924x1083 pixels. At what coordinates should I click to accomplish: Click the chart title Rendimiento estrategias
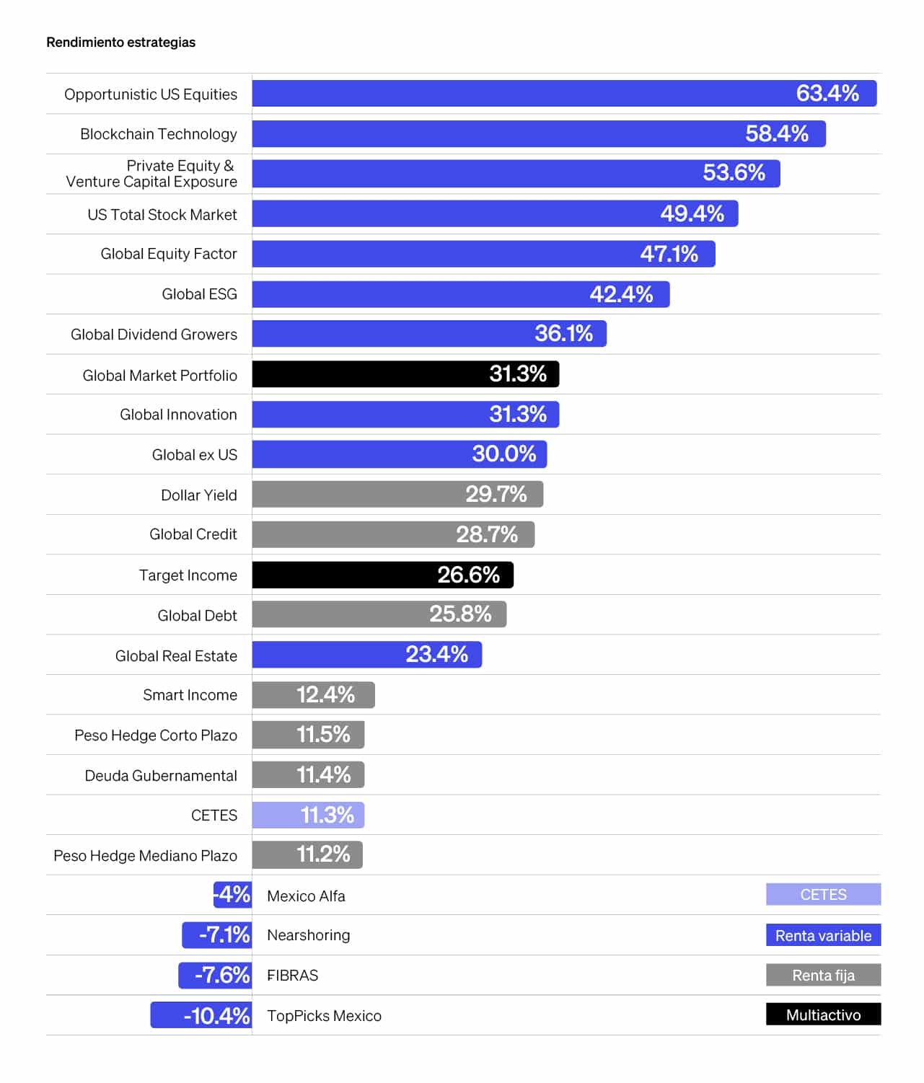pyautogui.click(x=120, y=43)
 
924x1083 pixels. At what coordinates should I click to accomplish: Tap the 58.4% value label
pyautogui.click(x=776, y=134)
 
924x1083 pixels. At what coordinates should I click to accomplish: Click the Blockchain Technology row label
pyautogui.click(x=159, y=134)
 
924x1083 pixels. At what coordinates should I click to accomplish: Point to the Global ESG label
pyautogui.click(x=199, y=294)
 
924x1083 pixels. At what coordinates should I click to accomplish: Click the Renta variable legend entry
pyautogui.click(x=823, y=935)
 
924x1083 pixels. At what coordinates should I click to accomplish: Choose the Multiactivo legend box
pyautogui.click(x=823, y=1015)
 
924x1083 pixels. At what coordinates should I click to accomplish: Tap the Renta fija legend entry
pyautogui.click(x=823, y=975)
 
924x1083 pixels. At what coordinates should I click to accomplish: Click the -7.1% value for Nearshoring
pyautogui.click(x=224, y=935)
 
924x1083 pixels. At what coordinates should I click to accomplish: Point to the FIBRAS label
pyautogui.click(x=292, y=976)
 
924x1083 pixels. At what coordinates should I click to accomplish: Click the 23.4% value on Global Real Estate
pyautogui.click(x=436, y=655)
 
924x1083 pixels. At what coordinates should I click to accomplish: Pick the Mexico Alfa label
pyautogui.click(x=306, y=896)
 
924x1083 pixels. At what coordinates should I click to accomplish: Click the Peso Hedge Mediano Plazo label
pyautogui.click(x=145, y=856)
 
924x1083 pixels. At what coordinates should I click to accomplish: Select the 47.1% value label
pyautogui.click(x=669, y=254)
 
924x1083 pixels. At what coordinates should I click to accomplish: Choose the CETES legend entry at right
pyautogui.click(x=823, y=895)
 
